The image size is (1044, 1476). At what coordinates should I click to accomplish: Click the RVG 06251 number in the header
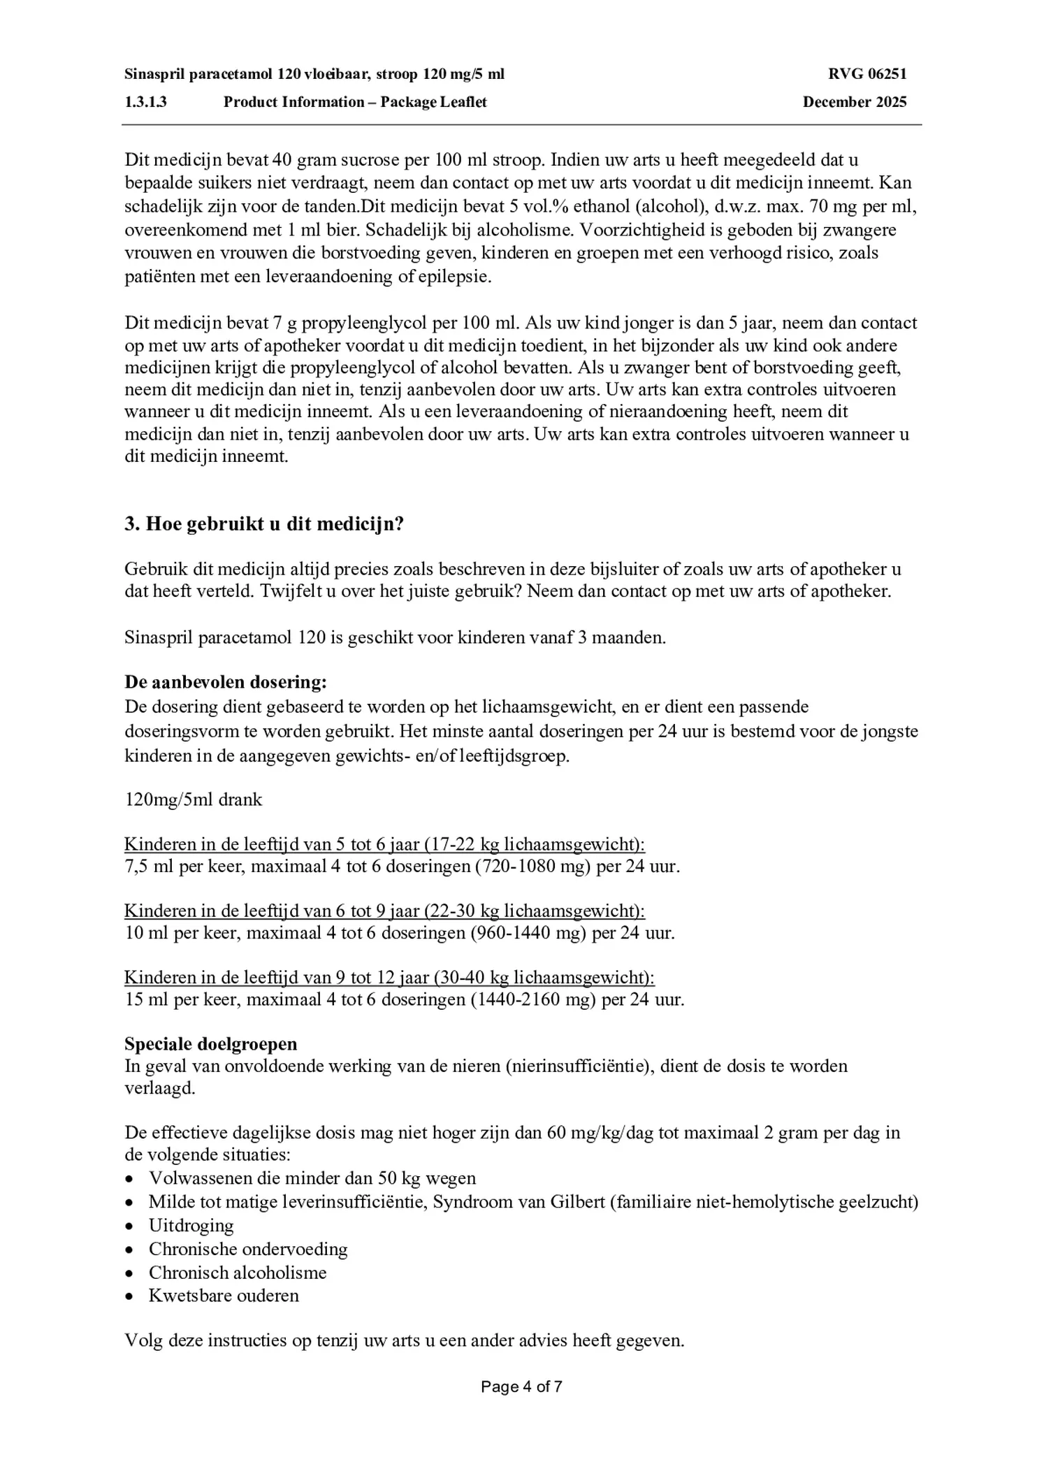(867, 74)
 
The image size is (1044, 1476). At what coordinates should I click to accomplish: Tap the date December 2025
(854, 102)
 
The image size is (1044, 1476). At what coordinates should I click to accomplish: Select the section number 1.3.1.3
(146, 102)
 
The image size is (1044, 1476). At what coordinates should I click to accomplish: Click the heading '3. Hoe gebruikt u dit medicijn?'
(264, 524)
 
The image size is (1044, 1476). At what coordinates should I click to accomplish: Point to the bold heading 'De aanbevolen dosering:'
(226, 681)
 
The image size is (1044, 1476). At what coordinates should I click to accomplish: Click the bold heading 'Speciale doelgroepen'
(210, 1043)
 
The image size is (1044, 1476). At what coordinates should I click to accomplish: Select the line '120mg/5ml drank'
(194, 799)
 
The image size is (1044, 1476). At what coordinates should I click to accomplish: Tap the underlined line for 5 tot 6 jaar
(384, 844)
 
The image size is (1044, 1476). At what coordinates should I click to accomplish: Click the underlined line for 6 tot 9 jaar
(384, 911)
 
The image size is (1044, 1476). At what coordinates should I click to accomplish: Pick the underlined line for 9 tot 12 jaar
(389, 977)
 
